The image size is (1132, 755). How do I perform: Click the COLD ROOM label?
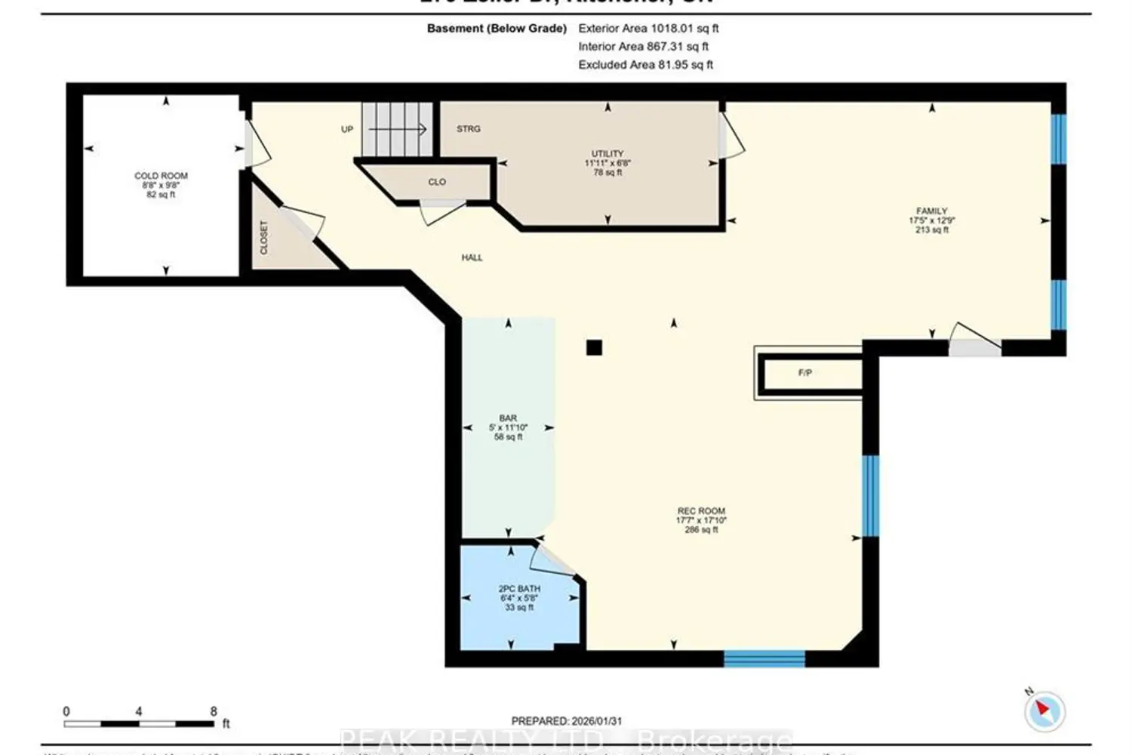[161, 176]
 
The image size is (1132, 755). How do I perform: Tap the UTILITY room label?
[608, 154]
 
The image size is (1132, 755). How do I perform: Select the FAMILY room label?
[931, 211]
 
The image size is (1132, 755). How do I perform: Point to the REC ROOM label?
[700, 511]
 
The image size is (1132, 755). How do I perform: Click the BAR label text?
[508, 418]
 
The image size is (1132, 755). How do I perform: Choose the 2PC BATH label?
[519, 589]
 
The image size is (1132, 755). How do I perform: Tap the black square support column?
[594, 347]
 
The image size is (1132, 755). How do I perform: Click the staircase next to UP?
[396, 129]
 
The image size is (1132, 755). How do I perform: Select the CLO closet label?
[437, 182]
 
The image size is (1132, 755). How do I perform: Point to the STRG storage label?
[468, 129]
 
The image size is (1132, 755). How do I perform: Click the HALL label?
[472, 257]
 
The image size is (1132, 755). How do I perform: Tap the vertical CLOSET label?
[264, 237]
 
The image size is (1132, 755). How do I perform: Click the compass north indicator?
[1044, 710]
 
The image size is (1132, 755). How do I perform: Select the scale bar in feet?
[139, 724]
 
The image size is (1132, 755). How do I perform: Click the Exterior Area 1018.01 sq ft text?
[648, 29]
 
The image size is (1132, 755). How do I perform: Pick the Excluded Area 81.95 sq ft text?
[645, 65]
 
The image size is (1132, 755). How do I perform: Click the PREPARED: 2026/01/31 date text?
[566, 721]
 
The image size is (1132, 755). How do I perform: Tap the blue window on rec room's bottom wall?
[764, 658]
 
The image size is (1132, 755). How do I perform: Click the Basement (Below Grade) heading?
[497, 29]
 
